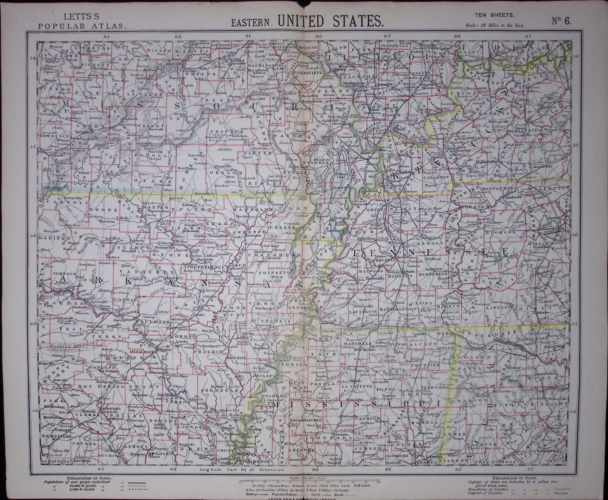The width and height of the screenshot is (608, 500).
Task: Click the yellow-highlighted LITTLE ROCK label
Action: (x=141, y=351)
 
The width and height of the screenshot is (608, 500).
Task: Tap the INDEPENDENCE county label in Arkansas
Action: (x=200, y=267)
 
